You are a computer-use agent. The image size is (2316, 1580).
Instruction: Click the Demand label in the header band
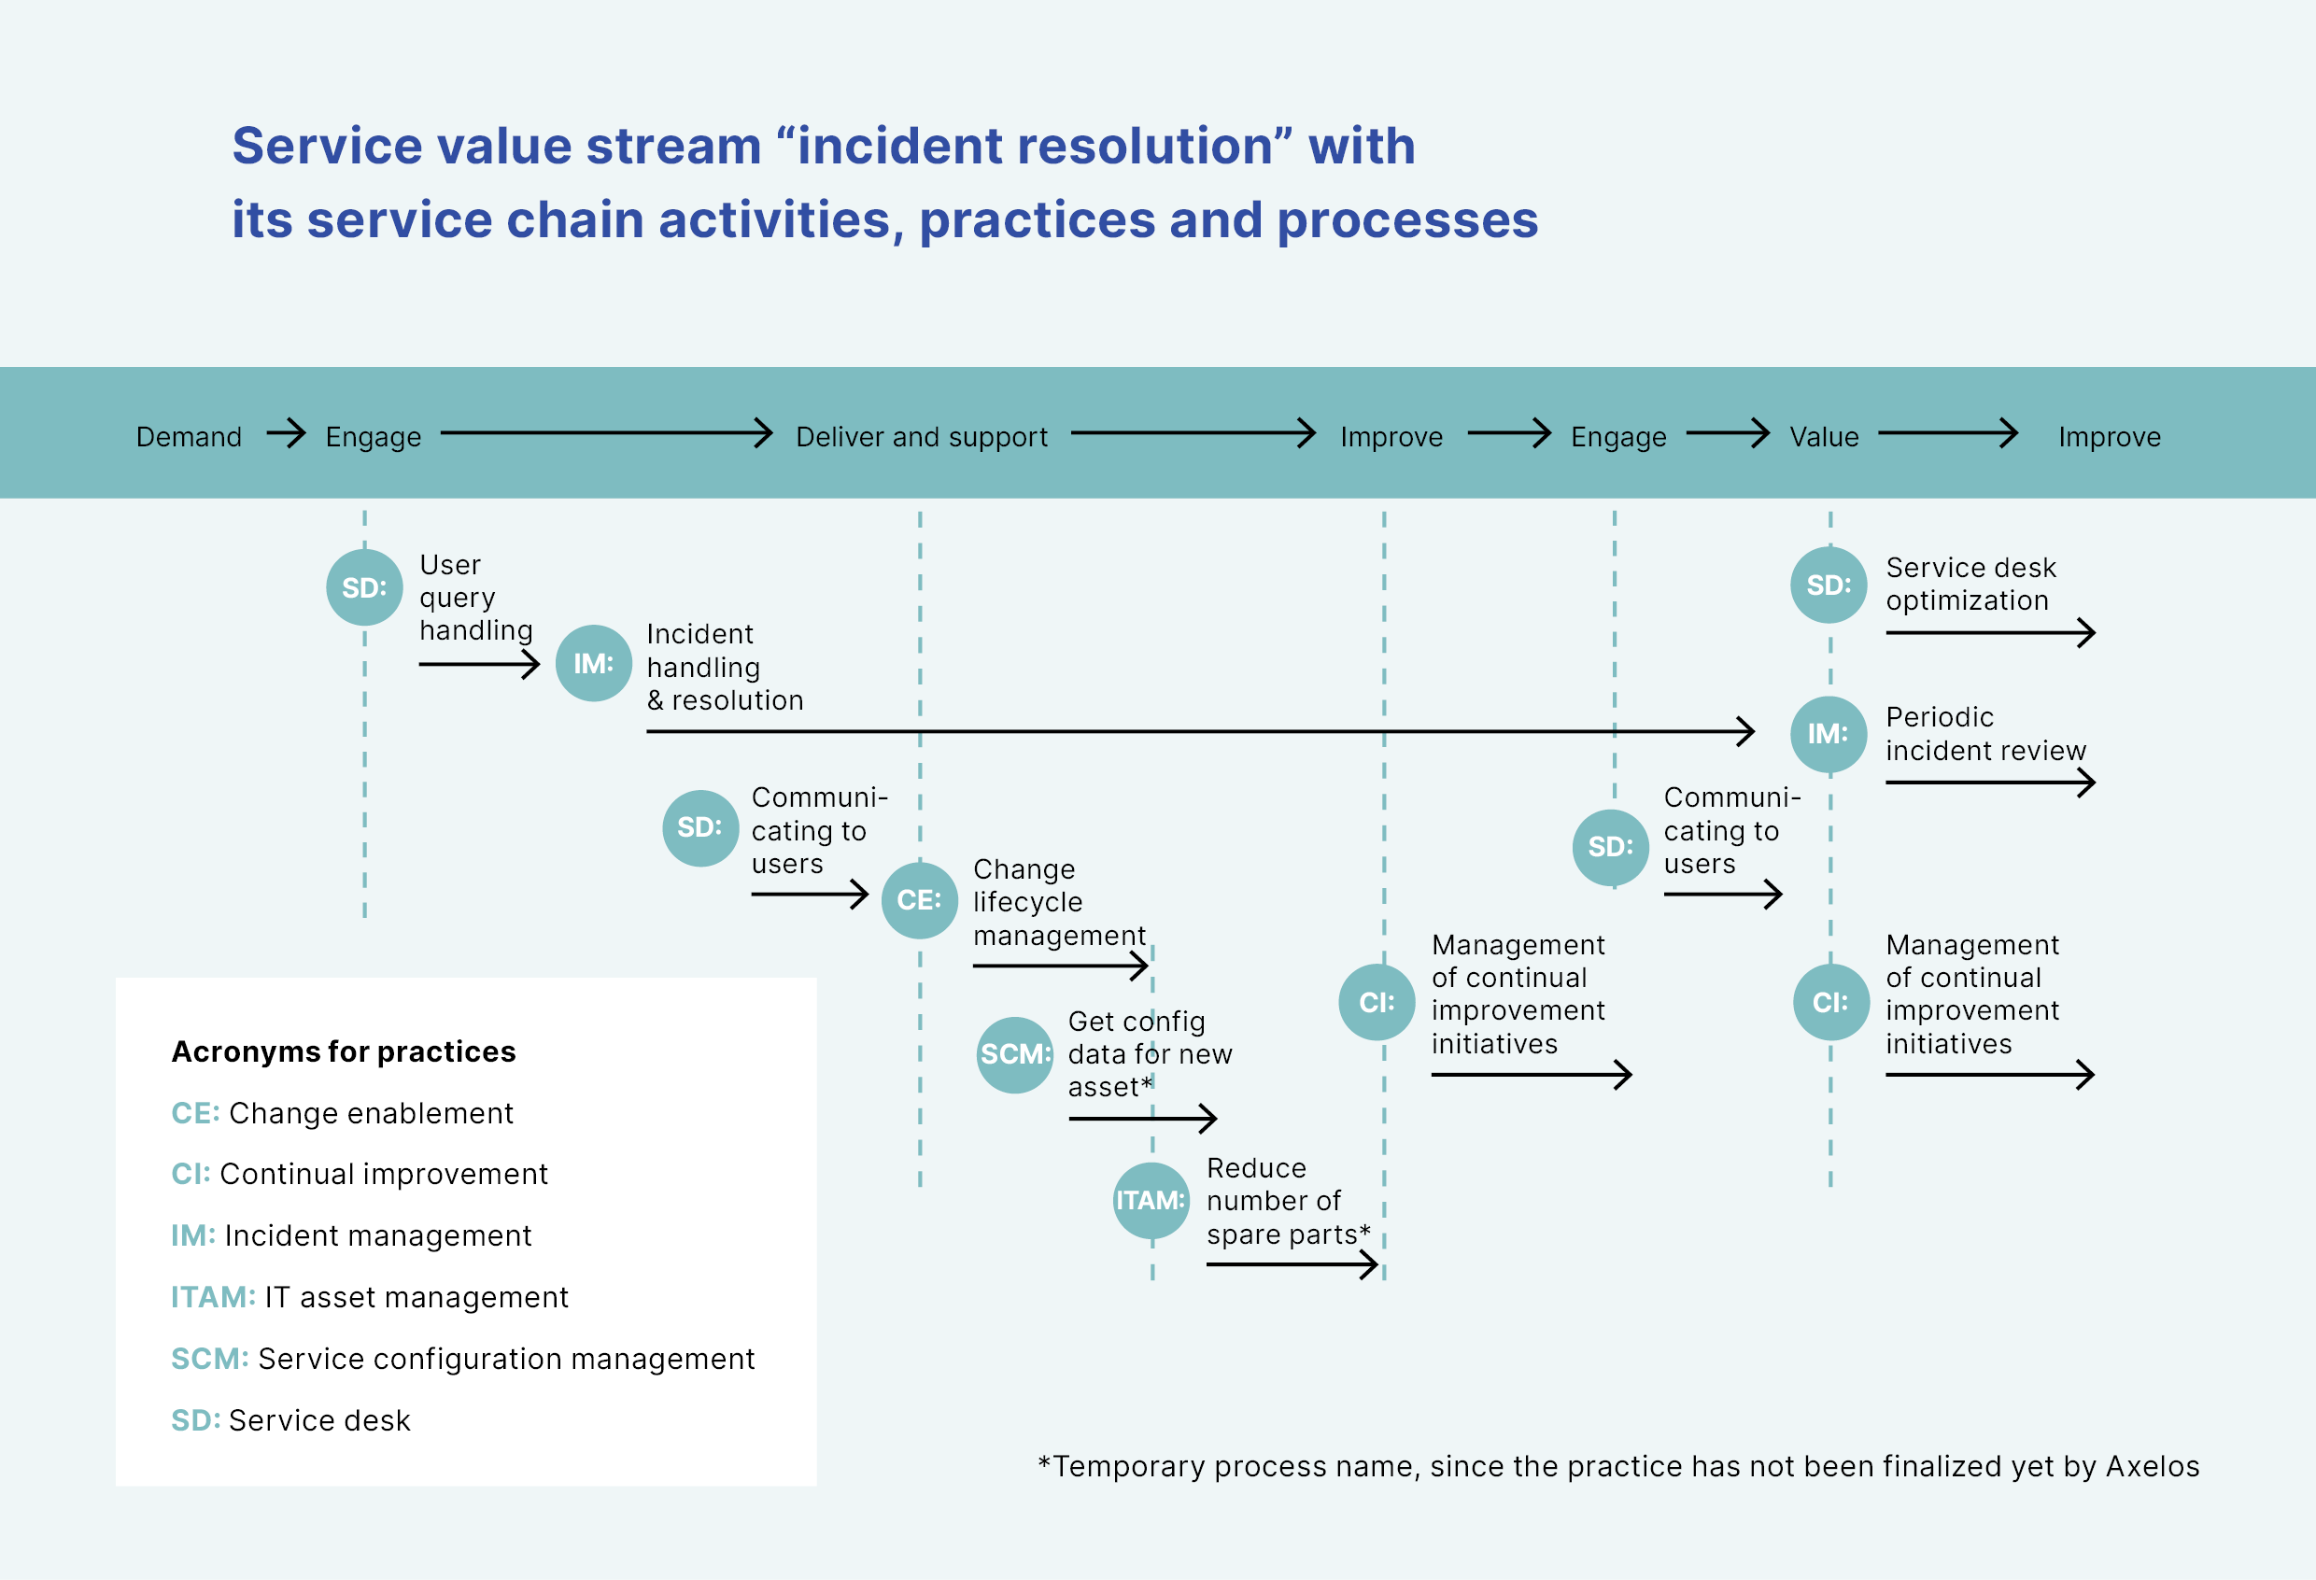click(x=189, y=436)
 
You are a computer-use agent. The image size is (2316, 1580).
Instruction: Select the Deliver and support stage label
click(x=921, y=436)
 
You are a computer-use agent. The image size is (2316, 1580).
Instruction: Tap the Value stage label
click(x=1823, y=436)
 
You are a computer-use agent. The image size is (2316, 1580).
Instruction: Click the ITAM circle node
click(x=1151, y=1201)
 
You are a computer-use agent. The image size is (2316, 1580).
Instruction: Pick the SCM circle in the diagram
click(x=1014, y=1054)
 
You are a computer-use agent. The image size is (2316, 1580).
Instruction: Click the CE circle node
click(x=919, y=899)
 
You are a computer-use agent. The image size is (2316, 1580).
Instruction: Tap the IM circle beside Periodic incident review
click(x=1828, y=734)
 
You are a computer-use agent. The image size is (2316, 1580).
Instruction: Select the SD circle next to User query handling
click(x=364, y=587)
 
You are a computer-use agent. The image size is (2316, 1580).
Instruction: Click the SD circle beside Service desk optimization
click(x=1828, y=585)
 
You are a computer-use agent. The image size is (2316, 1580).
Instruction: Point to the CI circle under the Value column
click(x=1829, y=1002)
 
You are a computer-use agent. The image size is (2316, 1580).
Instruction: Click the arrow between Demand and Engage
click(x=286, y=433)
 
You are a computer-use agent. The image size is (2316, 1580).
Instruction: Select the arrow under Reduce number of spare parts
click(x=1292, y=1265)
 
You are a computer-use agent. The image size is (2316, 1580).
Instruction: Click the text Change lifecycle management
click(x=1058, y=901)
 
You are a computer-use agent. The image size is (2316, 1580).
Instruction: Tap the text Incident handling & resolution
click(x=724, y=667)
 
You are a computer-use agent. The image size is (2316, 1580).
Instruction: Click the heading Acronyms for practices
click(x=343, y=1051)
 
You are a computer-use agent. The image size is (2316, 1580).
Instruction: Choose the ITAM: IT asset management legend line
click(x=369, y=1296)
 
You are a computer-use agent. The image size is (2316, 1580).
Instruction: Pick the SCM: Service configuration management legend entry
click(x=462, y=1358)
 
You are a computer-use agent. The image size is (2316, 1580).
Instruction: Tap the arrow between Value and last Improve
click(x=1947, y=433)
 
